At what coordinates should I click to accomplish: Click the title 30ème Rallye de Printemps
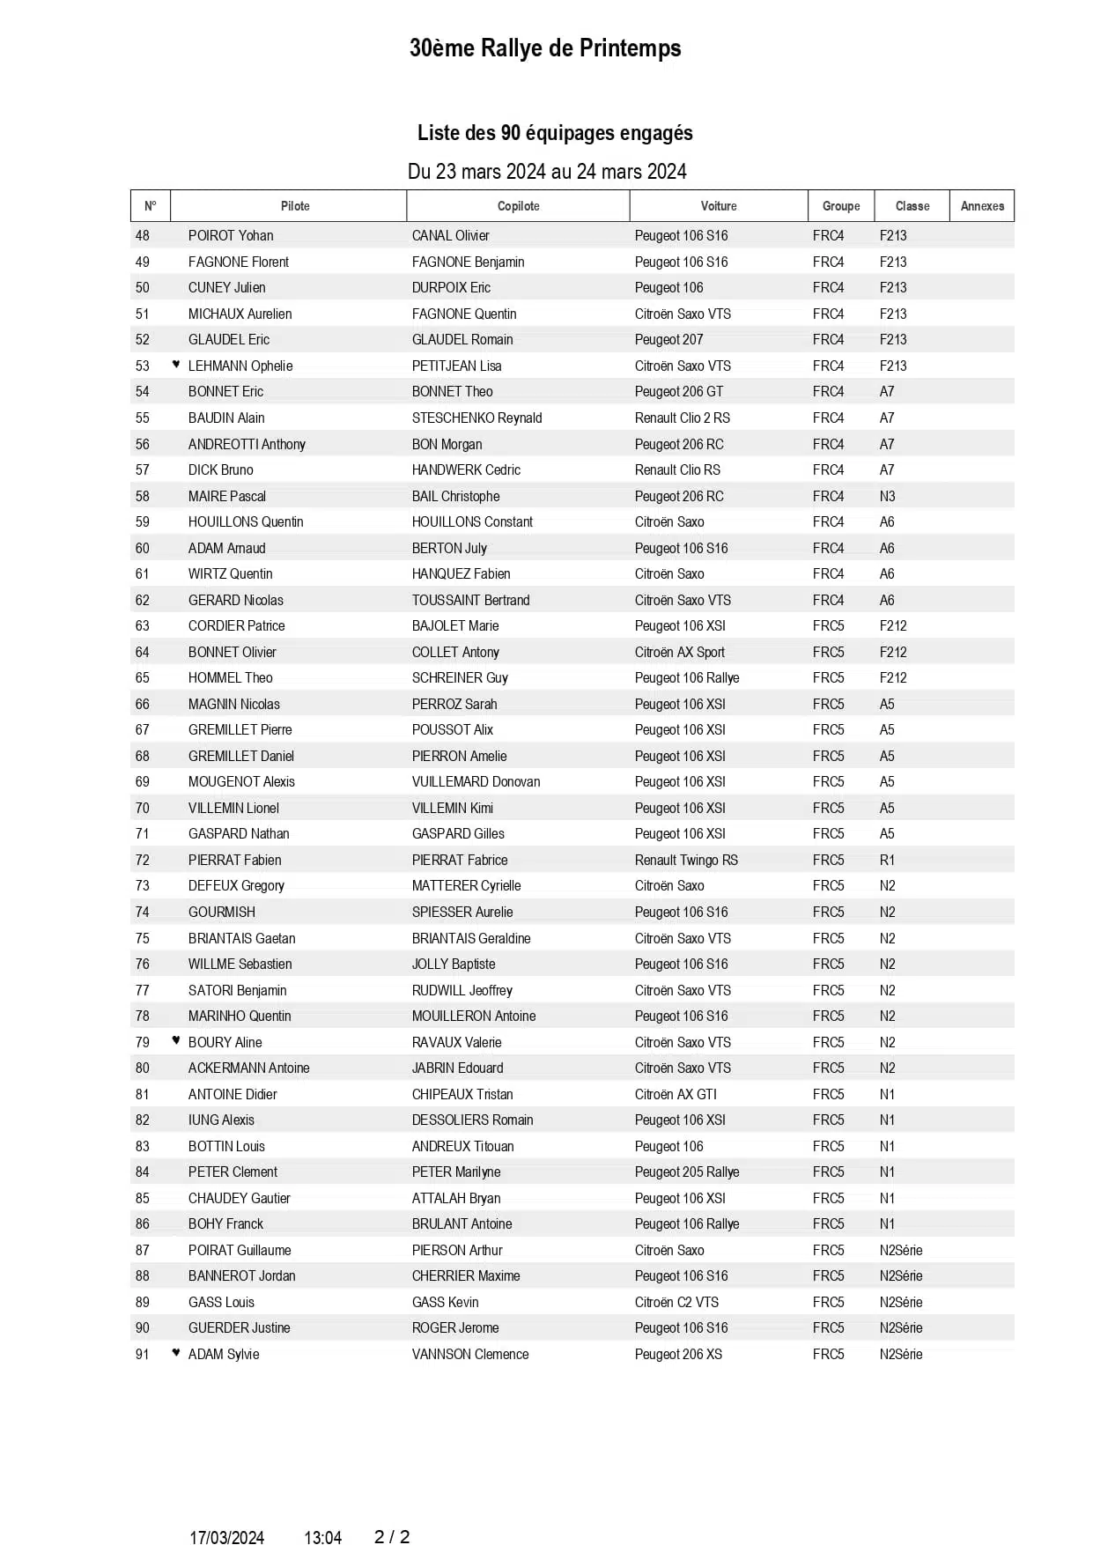pos(545,48)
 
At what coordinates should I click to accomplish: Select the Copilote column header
pos(518,206)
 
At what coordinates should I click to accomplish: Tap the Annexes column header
pos(982,206)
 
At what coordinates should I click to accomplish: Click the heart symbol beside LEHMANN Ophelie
pos(176,364)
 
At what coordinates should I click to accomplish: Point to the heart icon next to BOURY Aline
pos(176,1040)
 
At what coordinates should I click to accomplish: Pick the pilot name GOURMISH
pos(221,912)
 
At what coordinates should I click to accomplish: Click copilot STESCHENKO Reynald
pos(476,418)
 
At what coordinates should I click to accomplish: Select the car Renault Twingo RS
pos(686,860)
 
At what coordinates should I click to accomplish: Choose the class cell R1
pos(887,860)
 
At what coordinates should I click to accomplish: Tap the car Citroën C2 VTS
pos(676,1302)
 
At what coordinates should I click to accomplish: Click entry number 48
pos(143,235)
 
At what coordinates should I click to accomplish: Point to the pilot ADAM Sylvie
pos(224,1354)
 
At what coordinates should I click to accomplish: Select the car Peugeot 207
pos(668,339)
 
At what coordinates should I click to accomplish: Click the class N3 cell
pos(887,496)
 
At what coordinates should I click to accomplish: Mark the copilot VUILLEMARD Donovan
pos(476,781)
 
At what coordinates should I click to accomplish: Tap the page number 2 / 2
pos(392,1537)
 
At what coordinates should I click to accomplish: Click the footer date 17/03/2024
pos(226,1538)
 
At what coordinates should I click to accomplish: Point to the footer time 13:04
pos(322,1538)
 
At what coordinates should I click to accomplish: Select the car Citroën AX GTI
pos(676,1094)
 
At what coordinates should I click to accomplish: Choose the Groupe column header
pos(841,206)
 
